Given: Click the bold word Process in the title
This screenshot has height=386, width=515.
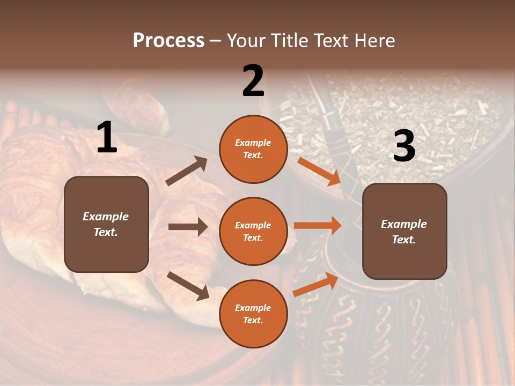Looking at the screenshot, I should point(168,41).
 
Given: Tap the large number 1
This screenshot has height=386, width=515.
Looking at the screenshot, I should point(107,138).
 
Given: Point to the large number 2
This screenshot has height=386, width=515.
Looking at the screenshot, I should point(253,80).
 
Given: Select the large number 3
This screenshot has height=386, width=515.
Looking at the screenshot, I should point(404,146).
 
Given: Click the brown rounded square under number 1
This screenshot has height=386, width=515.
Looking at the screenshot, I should point(106,224).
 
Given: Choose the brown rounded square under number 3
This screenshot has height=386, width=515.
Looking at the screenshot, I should point(404,231).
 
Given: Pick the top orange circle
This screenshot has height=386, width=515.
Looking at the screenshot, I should point(253,149).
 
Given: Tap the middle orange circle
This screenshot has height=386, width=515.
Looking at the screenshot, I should point(253,231).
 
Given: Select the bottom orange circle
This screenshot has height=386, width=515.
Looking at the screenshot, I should point(253,314).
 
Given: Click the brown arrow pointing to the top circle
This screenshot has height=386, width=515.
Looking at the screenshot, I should point(187,171).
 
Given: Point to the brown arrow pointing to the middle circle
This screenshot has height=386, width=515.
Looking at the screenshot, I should point(188,227).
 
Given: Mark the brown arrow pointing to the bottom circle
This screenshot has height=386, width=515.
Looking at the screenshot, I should point(188,285).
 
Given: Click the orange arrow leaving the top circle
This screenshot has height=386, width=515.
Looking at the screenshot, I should point(319,171).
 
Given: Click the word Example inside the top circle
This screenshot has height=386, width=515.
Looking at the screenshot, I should point(253,143).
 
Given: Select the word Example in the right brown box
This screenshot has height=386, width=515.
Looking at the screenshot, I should point(404,224).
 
